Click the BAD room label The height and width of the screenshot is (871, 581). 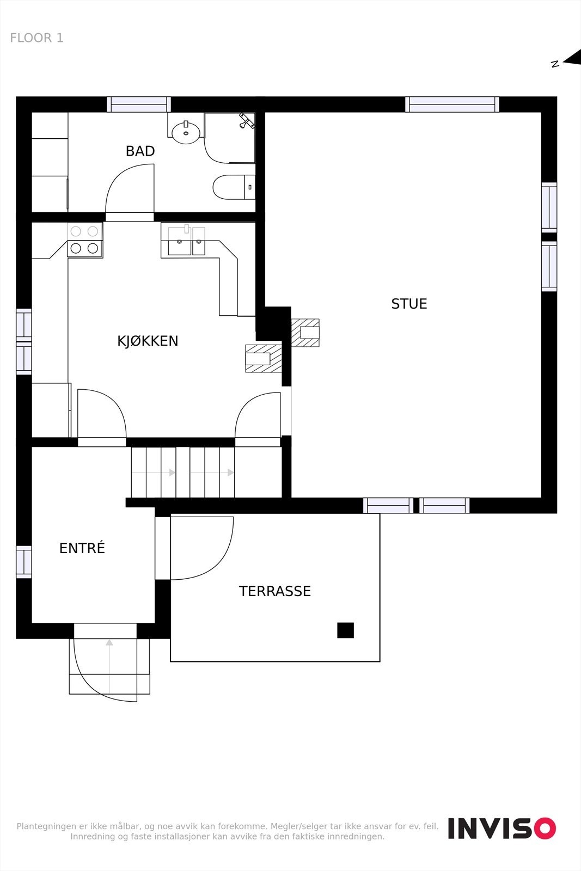tap(140, 151)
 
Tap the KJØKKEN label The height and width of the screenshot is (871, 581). tap(148, 341)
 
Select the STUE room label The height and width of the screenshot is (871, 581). tap(409, 304)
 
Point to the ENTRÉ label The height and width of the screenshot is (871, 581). tap(82, 548)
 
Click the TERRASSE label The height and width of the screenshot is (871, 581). tap(274, 591)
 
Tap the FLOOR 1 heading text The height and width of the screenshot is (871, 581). tap(36, 38)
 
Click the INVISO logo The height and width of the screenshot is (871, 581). tap(502, 828)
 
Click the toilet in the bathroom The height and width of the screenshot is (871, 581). tap(233, 187)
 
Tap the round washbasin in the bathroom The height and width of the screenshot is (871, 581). tap(186, 132)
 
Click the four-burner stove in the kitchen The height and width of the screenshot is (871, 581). tap(84, 240)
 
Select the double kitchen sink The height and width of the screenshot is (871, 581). tap(186, 241)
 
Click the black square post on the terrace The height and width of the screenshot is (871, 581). tap(345, 630)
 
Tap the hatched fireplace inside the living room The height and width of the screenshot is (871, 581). tap(305, 333)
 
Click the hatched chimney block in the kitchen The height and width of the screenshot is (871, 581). tap(264, 358)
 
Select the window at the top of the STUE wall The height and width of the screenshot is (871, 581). tap(452, 104)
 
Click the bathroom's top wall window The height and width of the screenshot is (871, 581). tap(139, 104)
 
